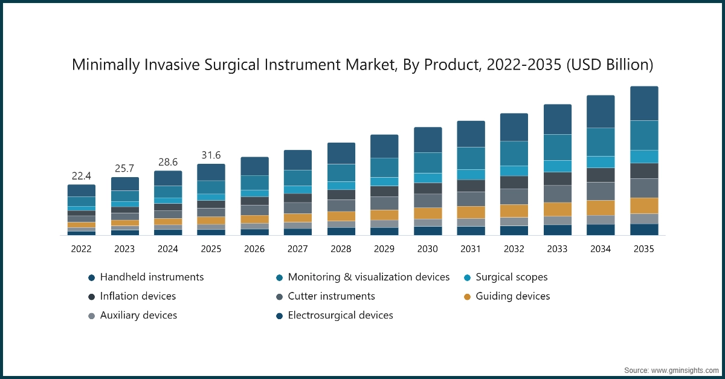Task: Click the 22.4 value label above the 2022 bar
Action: pyautogui.click(x=82, y=176)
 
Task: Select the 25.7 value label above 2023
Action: pyautogui.click(x=124, y=169)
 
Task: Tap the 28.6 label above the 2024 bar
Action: pyautogui.click(x=167, y=162)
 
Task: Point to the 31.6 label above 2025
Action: pyautogui.click(x=211, y=155)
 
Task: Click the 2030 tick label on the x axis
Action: pyautogui.click(x=427, y=248)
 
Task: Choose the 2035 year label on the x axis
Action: pyautogui.click(x=644, y=248)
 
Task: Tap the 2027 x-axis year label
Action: pyautogui.click(x=297, y=248)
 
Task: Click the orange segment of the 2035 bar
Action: pyautogui.click(x=644, y=206)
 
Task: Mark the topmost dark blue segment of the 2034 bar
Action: pyautogui.click(x=601, y=111)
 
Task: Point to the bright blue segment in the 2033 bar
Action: pyautogui.click(x=558, y=166)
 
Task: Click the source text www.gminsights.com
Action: pyautogui.click(x=684, y=369)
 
